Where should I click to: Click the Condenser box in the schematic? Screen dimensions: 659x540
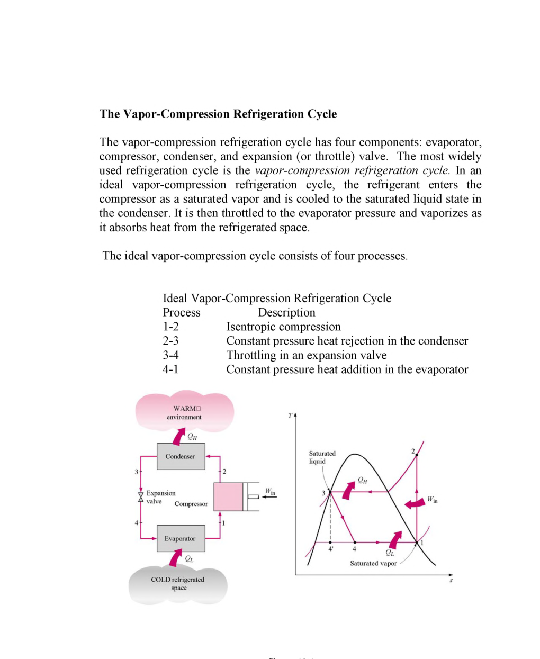(x=181, y=456)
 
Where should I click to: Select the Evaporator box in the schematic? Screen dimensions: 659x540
(x=181, y=538)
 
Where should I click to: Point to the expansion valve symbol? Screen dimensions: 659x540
(x=141, y=497)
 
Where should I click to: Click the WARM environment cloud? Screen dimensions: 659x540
(x=184, y=412)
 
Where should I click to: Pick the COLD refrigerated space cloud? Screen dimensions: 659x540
(x=178, y=583)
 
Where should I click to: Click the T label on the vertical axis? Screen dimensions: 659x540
(x=290, y=416)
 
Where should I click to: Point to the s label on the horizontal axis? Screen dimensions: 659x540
(x=451, y=581)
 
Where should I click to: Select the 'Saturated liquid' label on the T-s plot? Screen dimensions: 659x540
(x=322, y=457)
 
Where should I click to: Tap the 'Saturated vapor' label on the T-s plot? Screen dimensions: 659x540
(x=373, y=563)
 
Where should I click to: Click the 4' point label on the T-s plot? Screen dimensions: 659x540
(x=331, y=549)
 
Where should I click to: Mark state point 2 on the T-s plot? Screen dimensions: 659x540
(x=417, y=455)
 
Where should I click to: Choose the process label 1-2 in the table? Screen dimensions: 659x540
(x=170, y=327)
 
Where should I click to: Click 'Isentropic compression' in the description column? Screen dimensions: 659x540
(x=283, y=327)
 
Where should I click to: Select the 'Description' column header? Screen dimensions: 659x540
(x=286, y=312)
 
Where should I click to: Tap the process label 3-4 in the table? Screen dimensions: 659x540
(x=170, y=355)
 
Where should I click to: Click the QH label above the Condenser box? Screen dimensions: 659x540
(x=192, y=437)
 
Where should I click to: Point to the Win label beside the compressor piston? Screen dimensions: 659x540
(x=270, y=492)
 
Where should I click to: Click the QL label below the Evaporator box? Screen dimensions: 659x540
(x=189, y=559)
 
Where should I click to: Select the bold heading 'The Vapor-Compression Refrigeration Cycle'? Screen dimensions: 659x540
(x=218, y=114)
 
